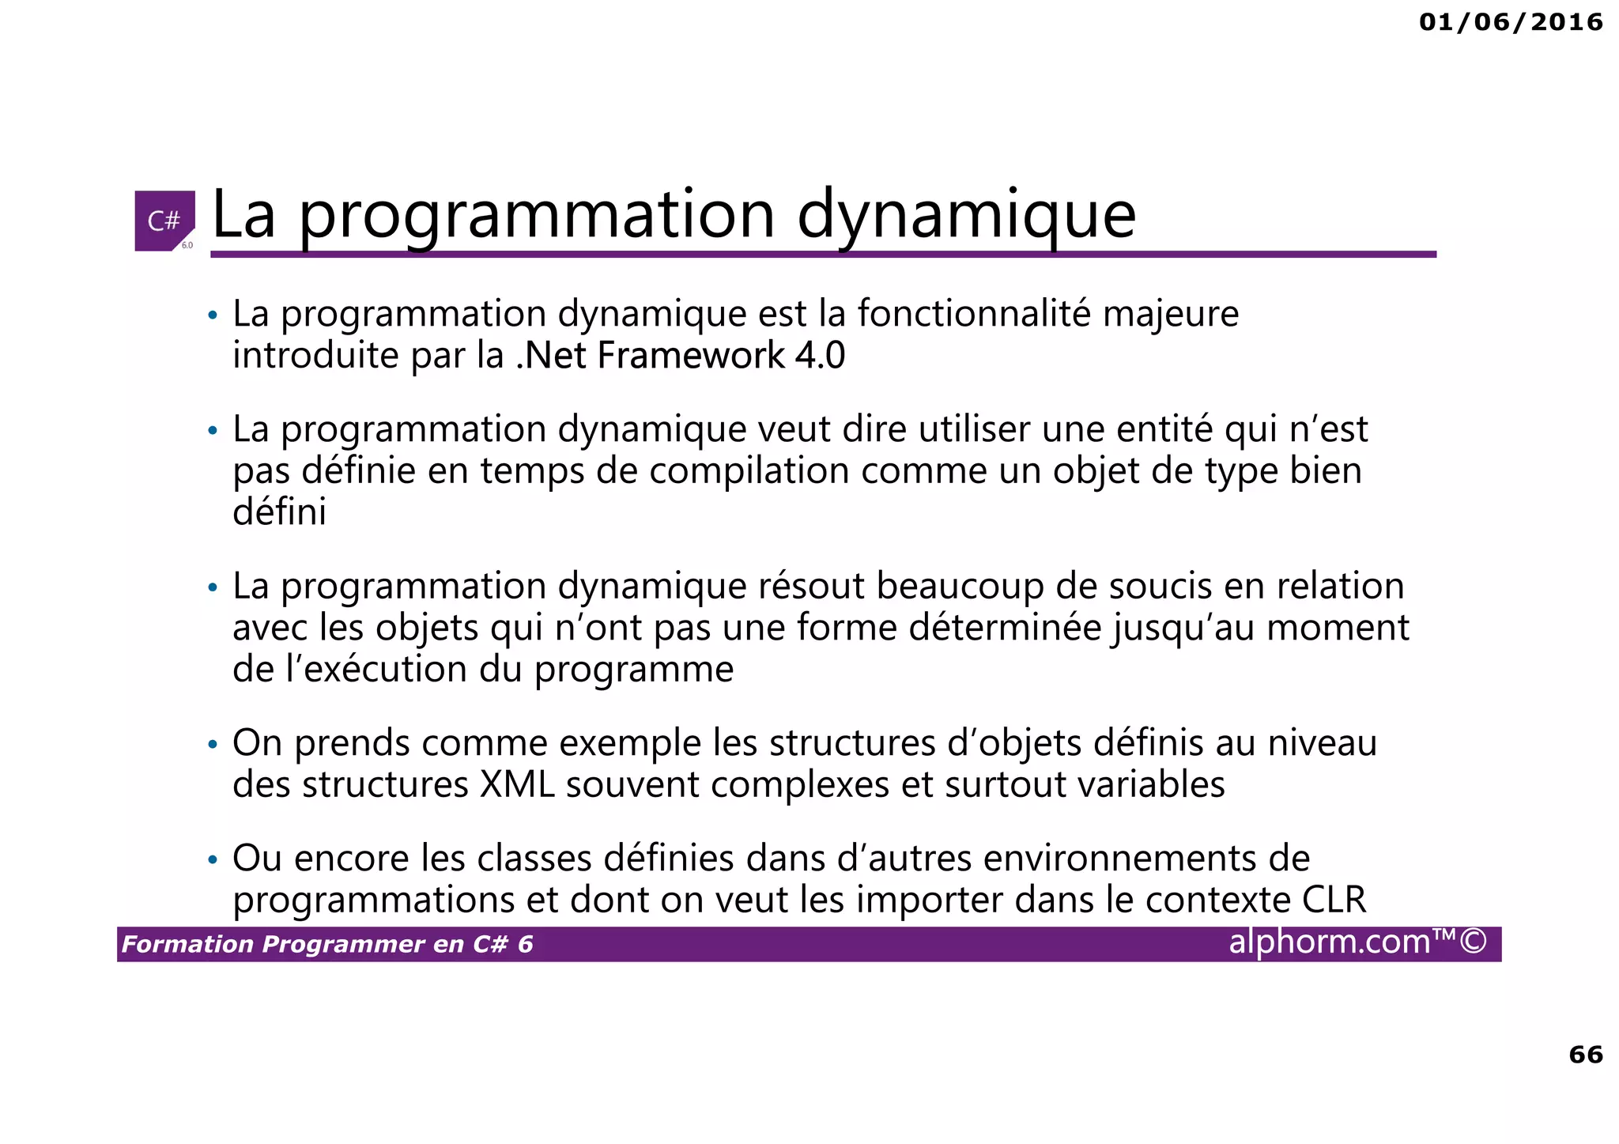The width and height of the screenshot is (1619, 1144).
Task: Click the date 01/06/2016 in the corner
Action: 1510,22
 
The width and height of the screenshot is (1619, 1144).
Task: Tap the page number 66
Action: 1585,1054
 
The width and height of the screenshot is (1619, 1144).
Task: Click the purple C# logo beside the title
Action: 164,221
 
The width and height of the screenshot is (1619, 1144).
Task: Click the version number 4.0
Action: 820,355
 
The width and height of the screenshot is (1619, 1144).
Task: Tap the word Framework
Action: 691,355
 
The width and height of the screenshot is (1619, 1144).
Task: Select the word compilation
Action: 749,471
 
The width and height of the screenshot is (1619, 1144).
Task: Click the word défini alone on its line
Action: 279,512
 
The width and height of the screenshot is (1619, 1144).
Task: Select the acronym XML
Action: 517,785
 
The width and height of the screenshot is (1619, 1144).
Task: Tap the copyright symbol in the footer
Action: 1473,942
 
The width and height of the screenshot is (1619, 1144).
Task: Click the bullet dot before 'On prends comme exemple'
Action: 211,745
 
